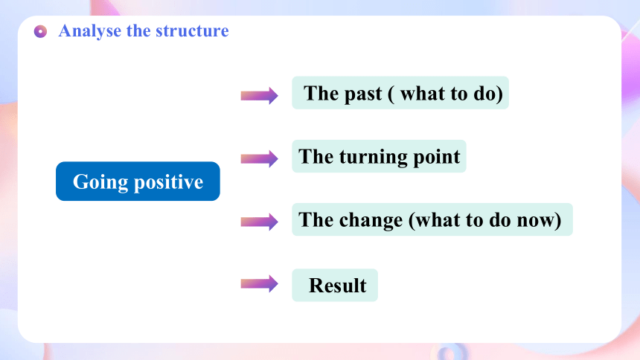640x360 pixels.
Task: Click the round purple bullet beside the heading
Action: (40, 31)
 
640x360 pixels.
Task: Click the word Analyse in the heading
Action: (90, 31)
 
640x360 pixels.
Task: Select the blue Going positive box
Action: (138, 181)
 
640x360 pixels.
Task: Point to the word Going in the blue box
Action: (100, 182)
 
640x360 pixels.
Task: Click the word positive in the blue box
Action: (169, 182)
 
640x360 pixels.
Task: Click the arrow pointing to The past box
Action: (260, 95)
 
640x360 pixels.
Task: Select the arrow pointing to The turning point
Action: (260, 158)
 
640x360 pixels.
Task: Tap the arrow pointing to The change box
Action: (260, 222)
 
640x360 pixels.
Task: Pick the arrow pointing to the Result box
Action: (260, 283)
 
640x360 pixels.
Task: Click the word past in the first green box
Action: (363, 94)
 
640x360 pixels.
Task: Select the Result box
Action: (335, 285)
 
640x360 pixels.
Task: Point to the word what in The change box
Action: (438, 220)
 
